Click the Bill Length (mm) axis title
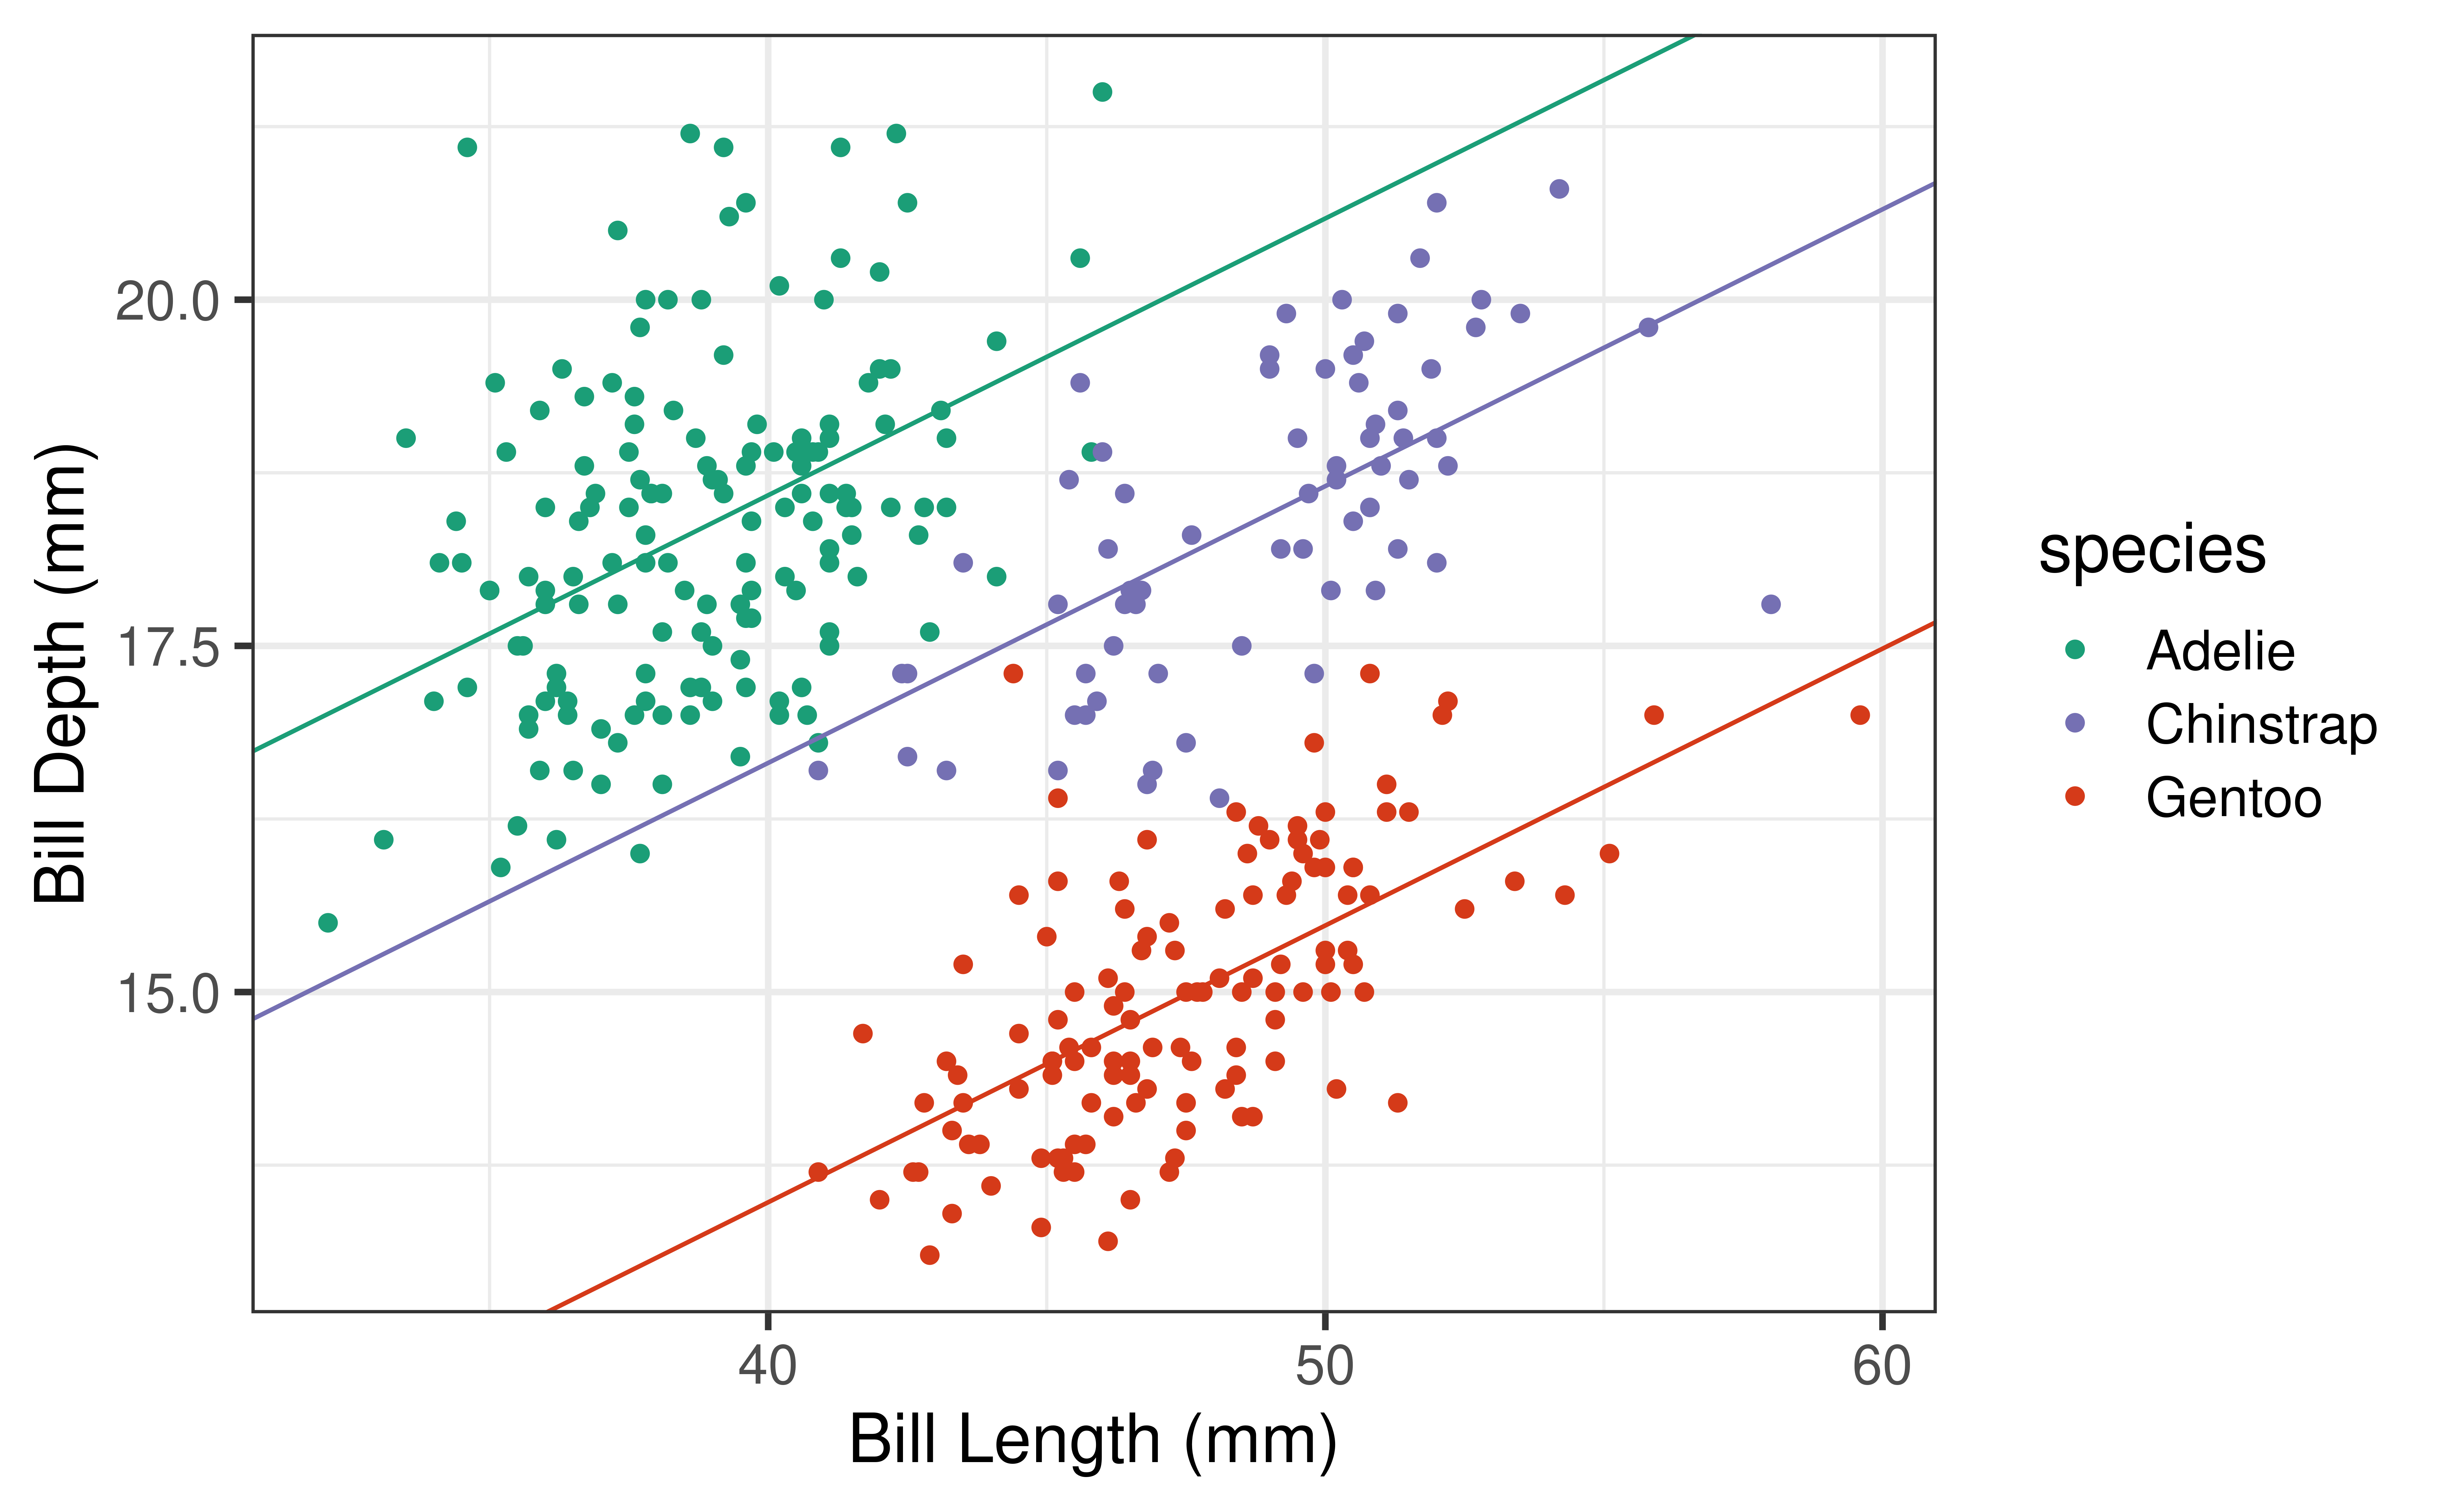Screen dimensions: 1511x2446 click(x=1093, y=1441)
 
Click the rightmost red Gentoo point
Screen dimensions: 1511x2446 click(x=1859, y=715)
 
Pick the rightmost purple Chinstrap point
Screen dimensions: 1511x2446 click(x=1770, y=604)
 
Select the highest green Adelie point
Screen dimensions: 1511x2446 click(x=1102, y=92)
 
